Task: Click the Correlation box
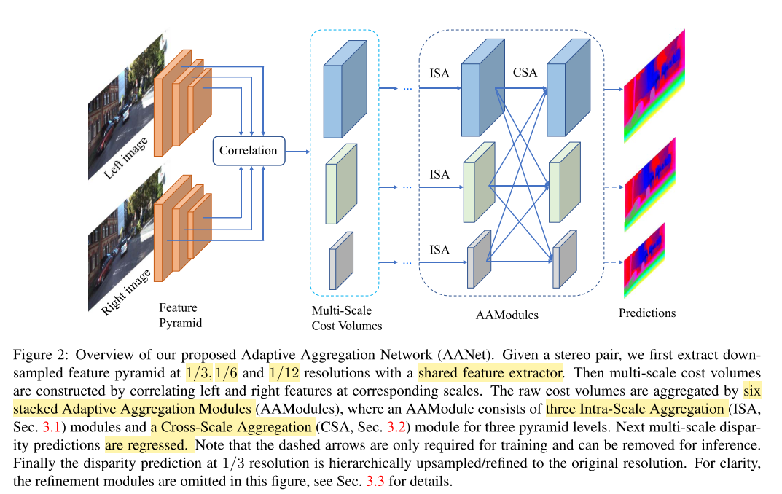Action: (249, 151)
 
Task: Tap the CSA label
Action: (525, 72)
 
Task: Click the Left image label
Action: (125, 154)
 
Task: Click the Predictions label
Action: (647, 313)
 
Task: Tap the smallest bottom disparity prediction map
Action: (644, 261)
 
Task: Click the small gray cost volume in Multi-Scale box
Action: (340, 261)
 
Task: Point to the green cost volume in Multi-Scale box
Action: (342, 184)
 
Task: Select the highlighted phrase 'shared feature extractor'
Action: (490, 374)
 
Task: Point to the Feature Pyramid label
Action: (179, 315)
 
